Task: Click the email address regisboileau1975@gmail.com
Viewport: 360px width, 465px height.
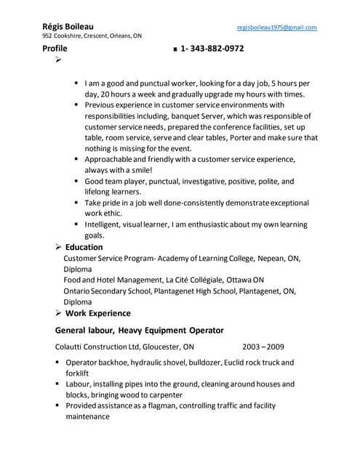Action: pyautogui.click(x=277, y=27)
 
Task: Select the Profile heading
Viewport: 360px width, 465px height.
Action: pyautogui.click(x=55, y=49)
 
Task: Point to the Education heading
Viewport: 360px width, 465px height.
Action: pyautogui.click(x=84, y=247)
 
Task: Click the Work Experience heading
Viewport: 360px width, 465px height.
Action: pyautogui.click(x=98, y=313)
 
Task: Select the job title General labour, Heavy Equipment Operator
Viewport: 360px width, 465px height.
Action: pyautogui.click(x=129, y=330)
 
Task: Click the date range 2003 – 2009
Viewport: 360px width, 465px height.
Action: pyautogui.click(x=263, y=347)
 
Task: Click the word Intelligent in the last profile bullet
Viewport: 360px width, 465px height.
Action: pyautogui.click(x=104, y=225)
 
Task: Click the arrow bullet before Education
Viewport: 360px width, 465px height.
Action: pyautogui.click(x=57, y=248)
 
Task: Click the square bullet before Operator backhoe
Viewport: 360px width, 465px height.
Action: pyautogui.click(x=57, y=362)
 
